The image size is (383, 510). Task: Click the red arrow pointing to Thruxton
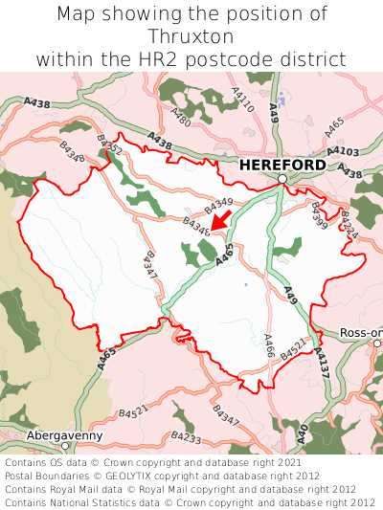click(220, 219)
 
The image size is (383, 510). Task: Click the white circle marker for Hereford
click(282, 179)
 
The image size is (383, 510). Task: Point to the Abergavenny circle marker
click(65, 446)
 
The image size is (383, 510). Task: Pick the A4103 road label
click(343, 150)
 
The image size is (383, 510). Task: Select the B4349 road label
click(219, 202)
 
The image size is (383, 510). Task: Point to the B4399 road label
click(319, 216)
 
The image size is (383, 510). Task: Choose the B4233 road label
click(186, 437)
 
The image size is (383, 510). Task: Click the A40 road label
click(301, 433)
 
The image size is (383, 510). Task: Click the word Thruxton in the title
click(191, 36)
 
